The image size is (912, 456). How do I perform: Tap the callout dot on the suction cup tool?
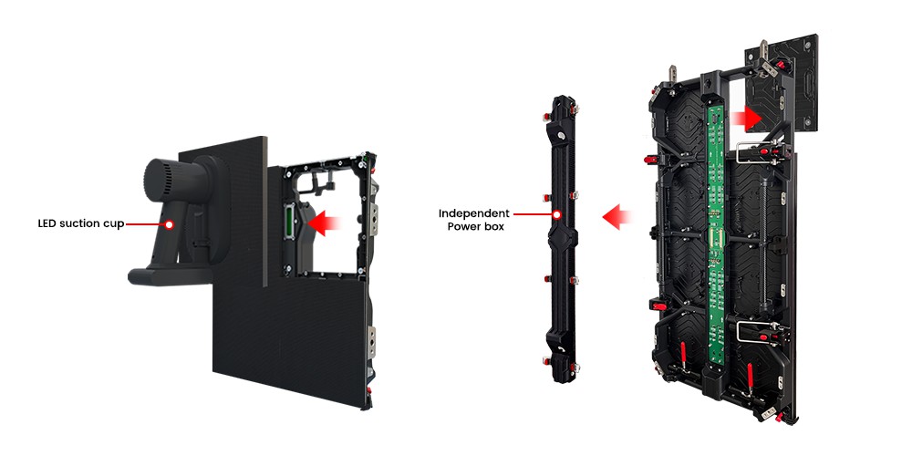[170, 224]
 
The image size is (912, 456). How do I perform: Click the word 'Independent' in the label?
[474, 213]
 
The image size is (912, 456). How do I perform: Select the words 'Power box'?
[476, 227]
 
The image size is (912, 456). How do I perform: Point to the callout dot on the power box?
[556, 214]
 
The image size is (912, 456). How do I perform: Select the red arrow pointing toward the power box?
[617, 216]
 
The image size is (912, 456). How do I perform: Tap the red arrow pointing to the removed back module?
[747, 118]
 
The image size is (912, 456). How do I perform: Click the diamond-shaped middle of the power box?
[561, 238]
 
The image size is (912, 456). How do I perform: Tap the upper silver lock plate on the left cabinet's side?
[373, 219]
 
